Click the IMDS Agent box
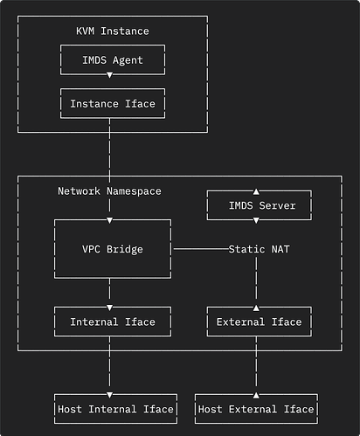(112, 60)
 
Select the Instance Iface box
(112, 104)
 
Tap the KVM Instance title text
(112, 31)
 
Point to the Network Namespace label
(109, 190)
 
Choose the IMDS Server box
(256, 206)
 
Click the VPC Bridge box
(112, 249)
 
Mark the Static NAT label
(260, 249)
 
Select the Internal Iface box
(112, 322)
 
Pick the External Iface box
(256, 322)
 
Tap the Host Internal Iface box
(115, 409)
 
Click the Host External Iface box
(255, 409)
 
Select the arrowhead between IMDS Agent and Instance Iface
(110, 75)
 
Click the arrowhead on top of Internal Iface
(110, 307)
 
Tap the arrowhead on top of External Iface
(256, 307)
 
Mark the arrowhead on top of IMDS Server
(256, 191)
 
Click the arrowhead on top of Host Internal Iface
(110, 394)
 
